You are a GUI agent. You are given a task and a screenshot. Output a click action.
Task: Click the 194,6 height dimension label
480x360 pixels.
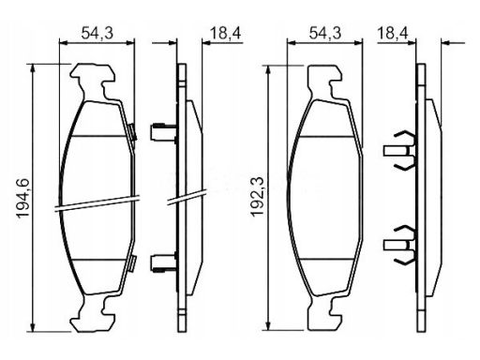23,198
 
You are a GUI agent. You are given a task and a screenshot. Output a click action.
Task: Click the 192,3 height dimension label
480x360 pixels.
257,196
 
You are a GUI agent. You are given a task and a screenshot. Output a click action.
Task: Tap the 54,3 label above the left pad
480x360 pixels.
97,33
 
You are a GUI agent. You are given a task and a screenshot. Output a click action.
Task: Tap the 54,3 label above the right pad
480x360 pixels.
325,33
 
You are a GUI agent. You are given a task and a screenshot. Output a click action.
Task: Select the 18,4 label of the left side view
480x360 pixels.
226,33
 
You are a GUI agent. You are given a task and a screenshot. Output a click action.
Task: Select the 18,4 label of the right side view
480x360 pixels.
393,33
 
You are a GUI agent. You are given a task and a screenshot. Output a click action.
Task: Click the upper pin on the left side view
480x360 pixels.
163,132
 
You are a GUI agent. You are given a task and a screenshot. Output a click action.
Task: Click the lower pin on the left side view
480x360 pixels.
163,262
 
